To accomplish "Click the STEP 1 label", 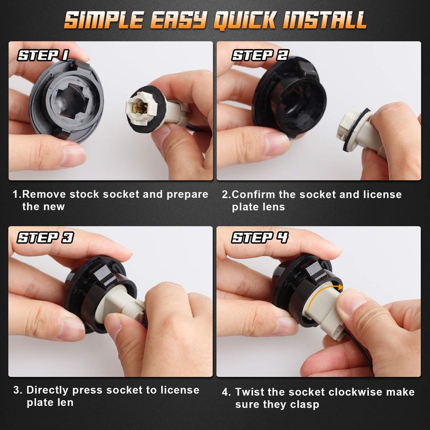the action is tap(43, 55).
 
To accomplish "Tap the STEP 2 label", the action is tap(260, 55).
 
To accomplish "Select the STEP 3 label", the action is tap(45, 238).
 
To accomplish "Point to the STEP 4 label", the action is tap(260, 238).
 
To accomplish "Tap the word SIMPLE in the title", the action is tap(104, 20).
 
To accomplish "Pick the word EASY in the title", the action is tap(178, 20).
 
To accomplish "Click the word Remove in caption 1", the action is tap(44, 194).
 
